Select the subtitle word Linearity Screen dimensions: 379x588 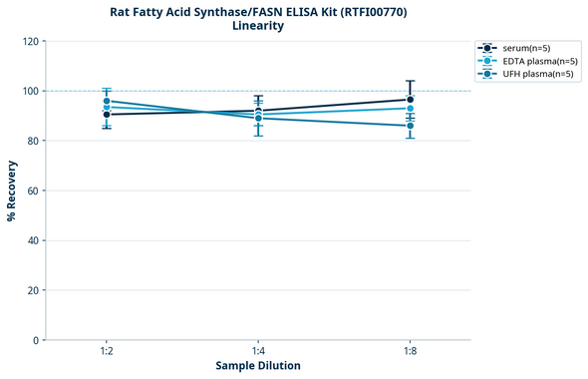pyautogui.click(x=257, y=27)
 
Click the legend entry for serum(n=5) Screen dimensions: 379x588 pyautogui.click(x=526, y=48)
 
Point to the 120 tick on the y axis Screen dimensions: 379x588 pyautogui.click(x=30, y=41)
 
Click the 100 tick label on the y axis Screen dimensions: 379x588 pyautogui.click(x=30, y=91)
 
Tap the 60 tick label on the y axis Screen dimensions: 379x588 pyautogui.click(x=33, y=190)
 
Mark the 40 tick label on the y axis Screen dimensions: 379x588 pyautogui.click(x=33, y=240)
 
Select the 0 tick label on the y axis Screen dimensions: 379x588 pyautogui.click(x=36, y=340)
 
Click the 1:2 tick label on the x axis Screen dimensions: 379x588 pyautogui.click(x=106, y=352)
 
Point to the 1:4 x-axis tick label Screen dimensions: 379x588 pyautogui.click(x=258, y=352)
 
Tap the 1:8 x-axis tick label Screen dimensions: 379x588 pyautogui.click(x=410, y=352)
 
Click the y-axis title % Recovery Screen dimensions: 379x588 pyautogui.click(x=12, y=190)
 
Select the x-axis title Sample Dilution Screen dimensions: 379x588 pyautogui.click(x=258, y=366)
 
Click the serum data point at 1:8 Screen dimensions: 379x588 pyautogui.click(x=410, y=100)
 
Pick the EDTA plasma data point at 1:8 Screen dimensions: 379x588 pyautogui.click(x=410, y=108)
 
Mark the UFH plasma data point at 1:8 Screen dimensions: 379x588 pyautogui.click(x=410, y=126)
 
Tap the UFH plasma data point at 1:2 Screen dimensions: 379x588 pyautogui.click(x=106, y=101)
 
